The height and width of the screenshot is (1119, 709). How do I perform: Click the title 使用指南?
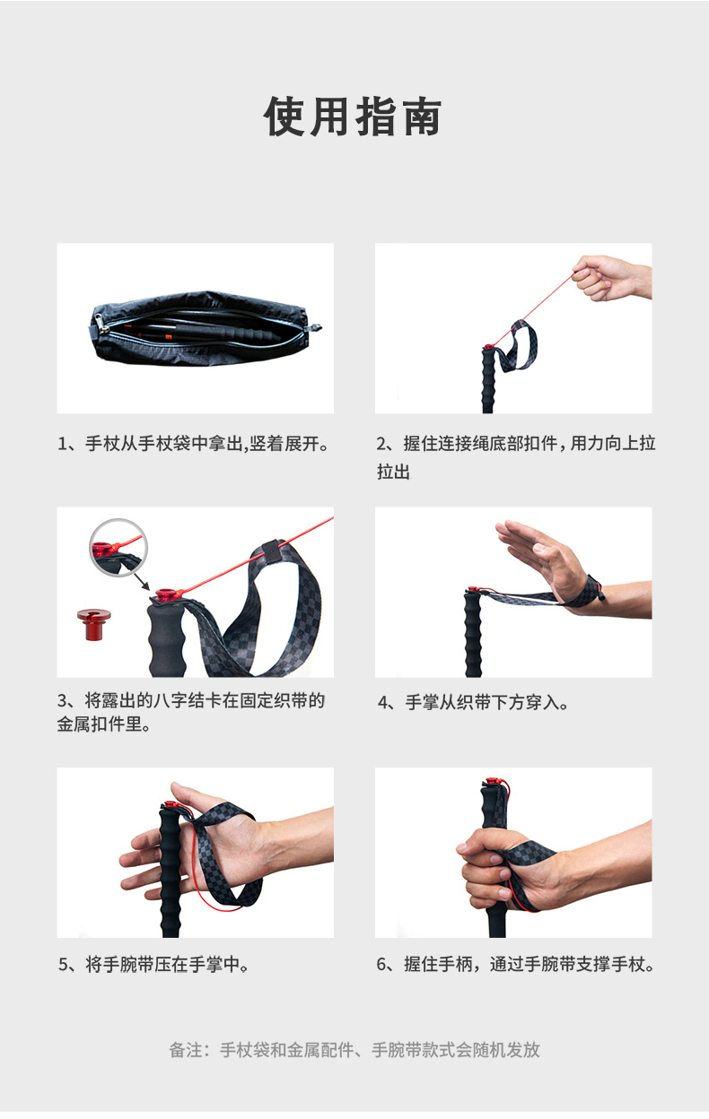353,117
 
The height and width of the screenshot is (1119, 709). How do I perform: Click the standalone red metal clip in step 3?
94,624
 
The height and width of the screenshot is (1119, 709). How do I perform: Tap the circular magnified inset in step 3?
118,548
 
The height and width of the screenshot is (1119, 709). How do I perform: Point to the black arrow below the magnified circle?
142,582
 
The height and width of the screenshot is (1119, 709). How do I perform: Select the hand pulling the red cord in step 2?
611,278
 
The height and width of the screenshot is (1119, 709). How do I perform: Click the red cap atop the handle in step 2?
488,347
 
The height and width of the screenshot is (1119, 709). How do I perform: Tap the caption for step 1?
194,444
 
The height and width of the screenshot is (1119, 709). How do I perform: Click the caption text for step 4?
473,703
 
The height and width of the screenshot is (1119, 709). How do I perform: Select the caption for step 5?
154,965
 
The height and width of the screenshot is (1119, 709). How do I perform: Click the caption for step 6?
516,965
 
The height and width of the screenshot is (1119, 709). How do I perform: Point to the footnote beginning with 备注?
354,1050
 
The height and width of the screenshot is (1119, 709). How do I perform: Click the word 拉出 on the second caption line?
393,472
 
